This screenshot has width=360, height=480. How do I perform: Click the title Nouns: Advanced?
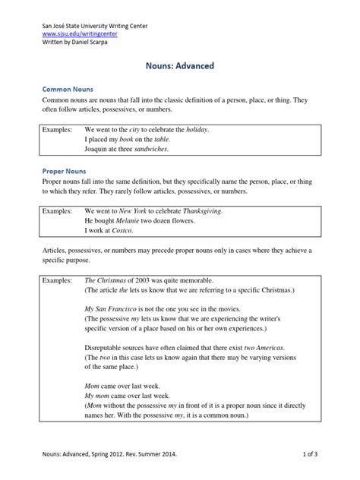click(180, 66)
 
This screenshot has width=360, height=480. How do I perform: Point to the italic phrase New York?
click(140, 210)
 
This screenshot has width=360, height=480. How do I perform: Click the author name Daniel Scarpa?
click(94, 43)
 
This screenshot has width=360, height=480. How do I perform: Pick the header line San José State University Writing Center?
click(95, 26)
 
